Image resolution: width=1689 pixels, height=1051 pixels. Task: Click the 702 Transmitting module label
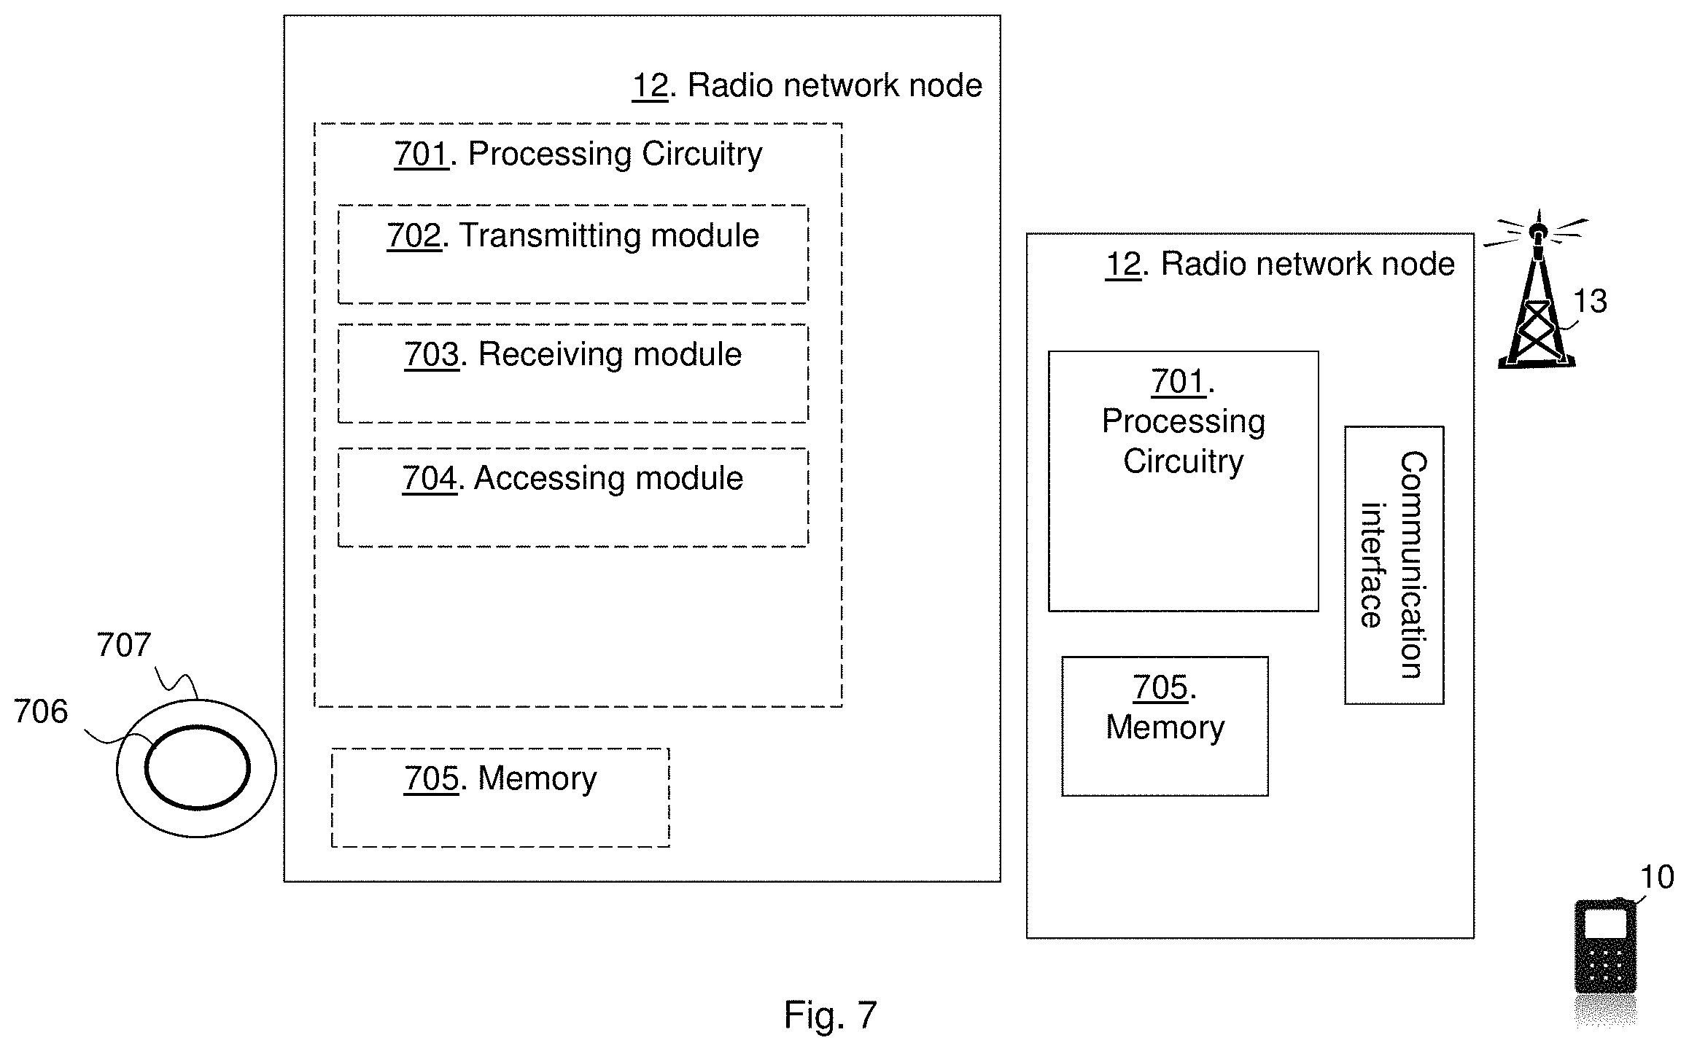(x=573, y=235)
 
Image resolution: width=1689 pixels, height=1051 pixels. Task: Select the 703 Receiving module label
(x=573, y=354)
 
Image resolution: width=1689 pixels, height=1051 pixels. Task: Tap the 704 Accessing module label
(x=573, y=478)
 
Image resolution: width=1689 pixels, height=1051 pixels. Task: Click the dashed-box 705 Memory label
(x=500, y=778)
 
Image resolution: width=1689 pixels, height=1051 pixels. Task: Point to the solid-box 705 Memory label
(x=1165, y=708)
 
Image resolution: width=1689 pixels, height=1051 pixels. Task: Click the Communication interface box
(x=1394, y=565)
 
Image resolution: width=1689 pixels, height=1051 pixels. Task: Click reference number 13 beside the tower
(x=1590, y=301)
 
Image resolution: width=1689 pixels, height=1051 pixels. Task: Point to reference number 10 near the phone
(x=1657, y=878)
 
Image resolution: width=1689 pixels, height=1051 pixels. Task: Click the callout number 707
(x=124, y=645)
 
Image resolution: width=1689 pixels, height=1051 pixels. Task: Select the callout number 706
(x=41, y=711)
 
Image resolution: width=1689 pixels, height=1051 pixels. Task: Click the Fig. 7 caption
(x=831, y=1015)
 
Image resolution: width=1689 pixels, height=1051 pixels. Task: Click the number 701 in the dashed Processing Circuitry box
(x=422, y=154)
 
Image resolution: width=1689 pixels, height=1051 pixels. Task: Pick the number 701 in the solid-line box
(x=1178, y=381)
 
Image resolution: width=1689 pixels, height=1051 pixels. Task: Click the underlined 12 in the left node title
(x=650, y=85)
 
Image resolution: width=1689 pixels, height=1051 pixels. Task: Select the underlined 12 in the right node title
(x=1123, y=264)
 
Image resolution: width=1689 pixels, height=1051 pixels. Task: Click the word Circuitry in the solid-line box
(x=1183, y=462)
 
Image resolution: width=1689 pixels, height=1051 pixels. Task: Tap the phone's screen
(x=1606, y=923)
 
